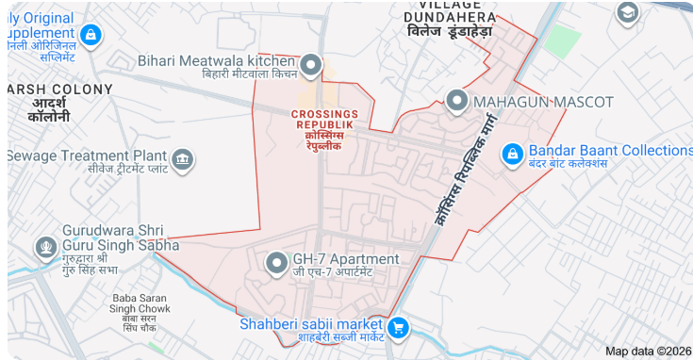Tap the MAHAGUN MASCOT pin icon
pos(457,101)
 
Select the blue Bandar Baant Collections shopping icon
pos(512,154)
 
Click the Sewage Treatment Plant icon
pos(183,158)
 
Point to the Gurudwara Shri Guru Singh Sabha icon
pos(44,248)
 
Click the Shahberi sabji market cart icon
pos(399,327)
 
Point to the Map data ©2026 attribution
pos(648,352)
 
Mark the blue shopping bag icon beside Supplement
pos(90,36)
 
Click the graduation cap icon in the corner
pos(627,12)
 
